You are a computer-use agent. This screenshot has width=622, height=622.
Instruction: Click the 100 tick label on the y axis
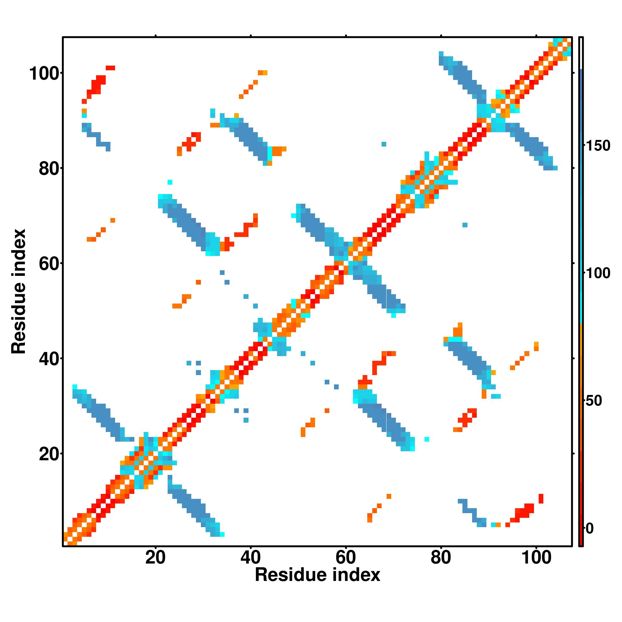coord(45,74)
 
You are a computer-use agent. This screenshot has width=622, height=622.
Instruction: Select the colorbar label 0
coord(590,528)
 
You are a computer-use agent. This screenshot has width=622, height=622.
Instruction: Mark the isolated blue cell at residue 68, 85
coord(384,144)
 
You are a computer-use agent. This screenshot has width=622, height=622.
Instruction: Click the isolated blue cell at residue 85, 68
coord(465,225)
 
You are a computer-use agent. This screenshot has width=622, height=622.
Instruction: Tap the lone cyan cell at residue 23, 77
coord(170,182)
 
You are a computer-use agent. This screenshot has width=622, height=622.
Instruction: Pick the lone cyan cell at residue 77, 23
coord(427,439)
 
